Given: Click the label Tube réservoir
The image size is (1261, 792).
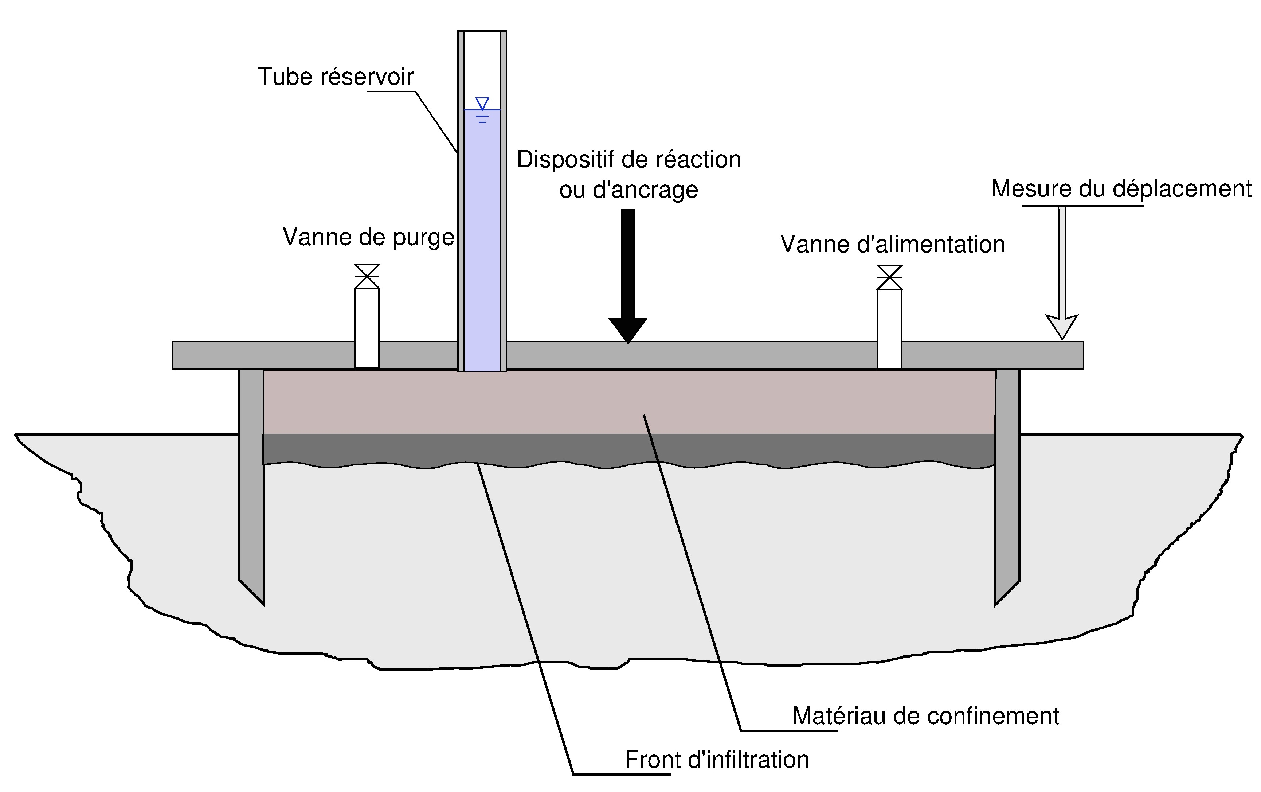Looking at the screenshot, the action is pyautogui.click(x=336, y=77).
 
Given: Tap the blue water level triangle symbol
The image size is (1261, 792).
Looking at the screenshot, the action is pyautogui.click(x=482, y=103).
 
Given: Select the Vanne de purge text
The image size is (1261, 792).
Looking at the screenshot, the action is pyautogui.click(x=368, y=237).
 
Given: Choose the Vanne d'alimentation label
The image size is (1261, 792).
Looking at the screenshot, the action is pyautogui.click(x=893, y=245).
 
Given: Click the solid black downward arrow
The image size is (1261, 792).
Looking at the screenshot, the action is pyautogui.click(x=628, y=276).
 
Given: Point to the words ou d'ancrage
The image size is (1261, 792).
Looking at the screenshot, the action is pyautogui.click(x=628, y=190).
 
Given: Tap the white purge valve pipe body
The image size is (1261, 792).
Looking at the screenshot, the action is pyautogui.click(x=367, y=328).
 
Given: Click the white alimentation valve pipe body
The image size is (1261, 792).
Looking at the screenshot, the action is pyautogui.click(x=890, y=329).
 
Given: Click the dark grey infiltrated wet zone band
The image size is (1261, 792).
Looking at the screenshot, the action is pyautogui.click(x=628, y=448).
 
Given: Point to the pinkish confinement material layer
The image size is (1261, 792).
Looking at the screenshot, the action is pyautogui.click(x=628, y=402).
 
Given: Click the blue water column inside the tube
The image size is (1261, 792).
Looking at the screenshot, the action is pyautogui.click(x=482, y=241).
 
